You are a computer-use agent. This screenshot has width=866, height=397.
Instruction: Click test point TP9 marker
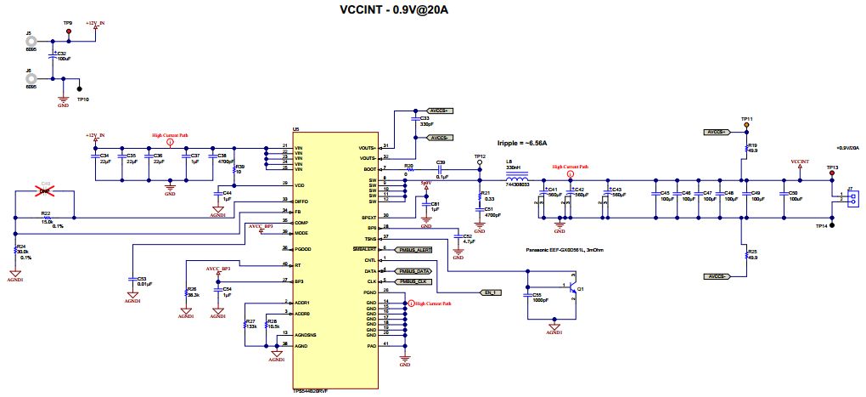click(69, 31)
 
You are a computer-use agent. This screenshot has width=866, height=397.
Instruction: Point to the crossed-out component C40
click(46, 190)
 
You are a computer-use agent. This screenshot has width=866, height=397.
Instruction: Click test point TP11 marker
click(747, 125)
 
